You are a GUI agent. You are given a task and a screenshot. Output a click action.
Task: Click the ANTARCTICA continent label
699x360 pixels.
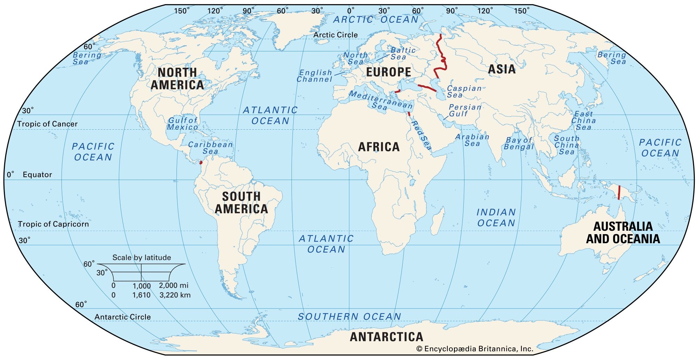[x=387, y=337]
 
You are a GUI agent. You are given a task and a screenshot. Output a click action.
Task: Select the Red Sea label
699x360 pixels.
[x=421, y=135]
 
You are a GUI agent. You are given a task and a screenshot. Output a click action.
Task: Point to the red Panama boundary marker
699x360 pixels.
[x=201, y=163]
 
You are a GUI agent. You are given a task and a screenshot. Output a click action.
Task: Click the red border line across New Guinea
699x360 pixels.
[x=619, y=192]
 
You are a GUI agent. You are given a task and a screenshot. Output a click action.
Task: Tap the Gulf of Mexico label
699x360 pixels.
[x=182, y=123]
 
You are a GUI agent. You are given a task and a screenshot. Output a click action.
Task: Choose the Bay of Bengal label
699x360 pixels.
[x=519, y=143]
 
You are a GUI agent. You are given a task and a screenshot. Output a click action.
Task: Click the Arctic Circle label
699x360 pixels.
[x=335, y=35]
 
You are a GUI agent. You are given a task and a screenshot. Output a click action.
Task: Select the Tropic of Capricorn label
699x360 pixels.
[x=53, y=224]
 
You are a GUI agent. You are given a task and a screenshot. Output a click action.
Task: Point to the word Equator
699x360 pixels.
[x=37, y=175]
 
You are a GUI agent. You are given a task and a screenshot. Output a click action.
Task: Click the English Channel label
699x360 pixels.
[x=315, y=76]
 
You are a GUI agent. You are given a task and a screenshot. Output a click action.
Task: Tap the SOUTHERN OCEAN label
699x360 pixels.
[x=349, y=317]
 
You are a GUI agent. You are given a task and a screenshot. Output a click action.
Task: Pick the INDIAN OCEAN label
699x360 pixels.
[x=496, y=217]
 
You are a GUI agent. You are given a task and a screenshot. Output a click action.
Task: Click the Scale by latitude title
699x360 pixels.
[x=142, y=258]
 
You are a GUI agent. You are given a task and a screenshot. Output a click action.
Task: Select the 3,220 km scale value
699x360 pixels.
[x=175, y=295]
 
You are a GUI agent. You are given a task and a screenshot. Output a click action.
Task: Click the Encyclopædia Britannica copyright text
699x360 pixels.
[x=475, y=349]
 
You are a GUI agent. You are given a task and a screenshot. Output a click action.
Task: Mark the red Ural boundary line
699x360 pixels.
[x=441, y=58]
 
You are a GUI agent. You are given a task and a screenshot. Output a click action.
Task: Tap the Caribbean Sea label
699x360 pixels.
[x=210, y=148]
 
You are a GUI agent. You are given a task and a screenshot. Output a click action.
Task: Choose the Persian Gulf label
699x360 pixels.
[x=464, y=110]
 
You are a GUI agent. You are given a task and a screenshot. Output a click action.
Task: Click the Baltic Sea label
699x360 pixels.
[x=403, y=53]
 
